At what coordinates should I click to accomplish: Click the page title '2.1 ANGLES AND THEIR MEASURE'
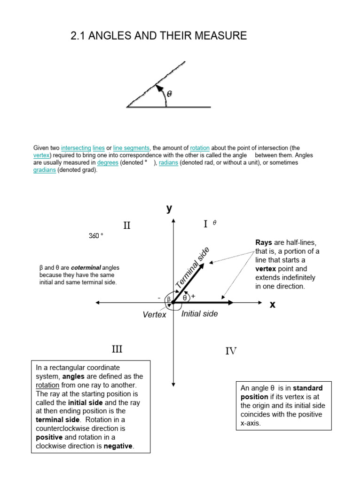pyautogui.click(x=158, y=36)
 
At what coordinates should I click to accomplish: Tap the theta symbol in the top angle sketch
pyautogui.click(x=170, y=94)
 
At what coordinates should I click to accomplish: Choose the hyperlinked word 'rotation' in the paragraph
pyautogui.click(x=200, y=148)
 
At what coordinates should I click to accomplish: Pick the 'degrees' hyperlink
pyautogui.click(x=108, y=162)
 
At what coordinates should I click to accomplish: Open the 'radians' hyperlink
pyautogui.click(x=168, y=162)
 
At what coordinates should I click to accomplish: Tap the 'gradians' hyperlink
pyautogui.click(x=45, y=170)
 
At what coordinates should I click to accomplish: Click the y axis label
pyautogui.click(x=169, y=209)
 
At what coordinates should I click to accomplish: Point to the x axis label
pyautogui.click(x=272, y=305)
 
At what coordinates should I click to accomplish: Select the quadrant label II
pyautogui.click(x=127, y=226)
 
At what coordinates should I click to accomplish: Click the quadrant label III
pyautogui.click(x=117, y=349)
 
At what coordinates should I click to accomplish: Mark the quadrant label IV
pyautogui.click(x=231, y=351)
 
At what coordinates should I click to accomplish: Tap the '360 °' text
pyautogui.click(x=96, y=236)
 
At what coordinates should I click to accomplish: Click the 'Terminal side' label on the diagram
pyautogui.click(x=193, y=268)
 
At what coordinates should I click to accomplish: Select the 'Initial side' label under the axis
pyautogui.click(x=199, y=313)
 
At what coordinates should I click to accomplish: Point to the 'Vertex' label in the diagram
pyautogui.click(x=155, y=314)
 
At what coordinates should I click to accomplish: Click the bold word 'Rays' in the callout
pyautogui.click(x=264, y=242)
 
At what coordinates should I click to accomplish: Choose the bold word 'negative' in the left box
pyautogui.click(x=118, y=446)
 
